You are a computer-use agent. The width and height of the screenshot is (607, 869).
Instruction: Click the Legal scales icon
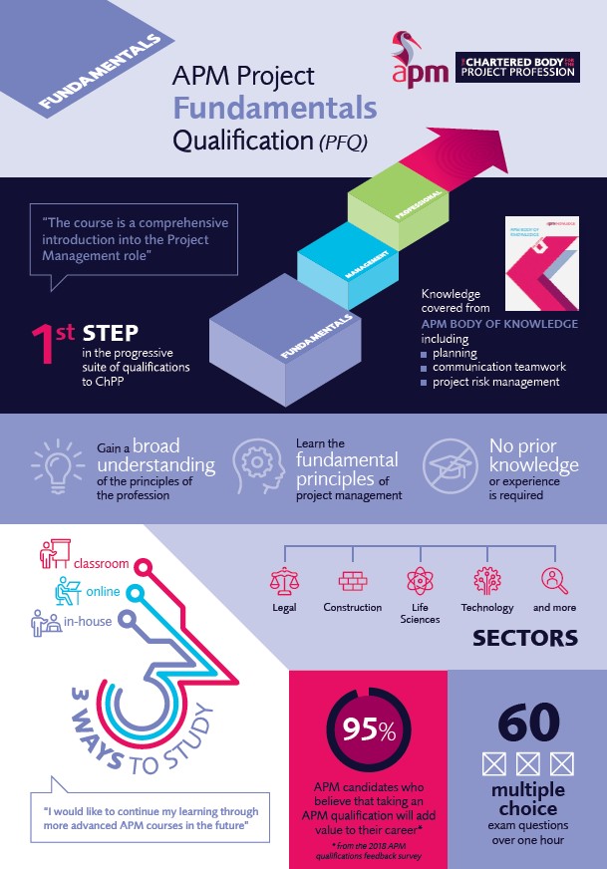284,579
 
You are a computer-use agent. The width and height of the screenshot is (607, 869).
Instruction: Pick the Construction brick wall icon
352,579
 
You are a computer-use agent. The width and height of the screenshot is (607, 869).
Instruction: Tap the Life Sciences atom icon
420,579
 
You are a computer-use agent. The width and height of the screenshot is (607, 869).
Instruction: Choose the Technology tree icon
487,579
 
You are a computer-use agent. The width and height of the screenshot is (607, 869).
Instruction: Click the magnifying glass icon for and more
554,579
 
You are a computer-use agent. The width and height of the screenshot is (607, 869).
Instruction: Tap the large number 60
527,724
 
